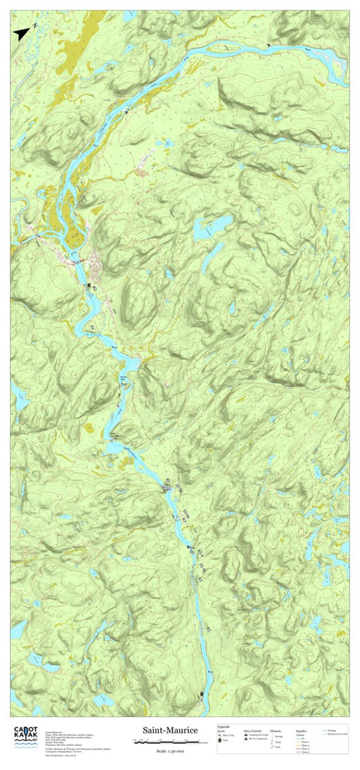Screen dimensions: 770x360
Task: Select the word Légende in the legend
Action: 223,726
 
